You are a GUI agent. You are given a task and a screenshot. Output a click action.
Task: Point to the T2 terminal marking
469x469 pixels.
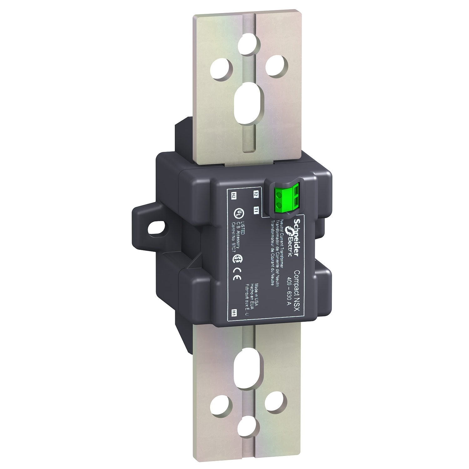(256, 194)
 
